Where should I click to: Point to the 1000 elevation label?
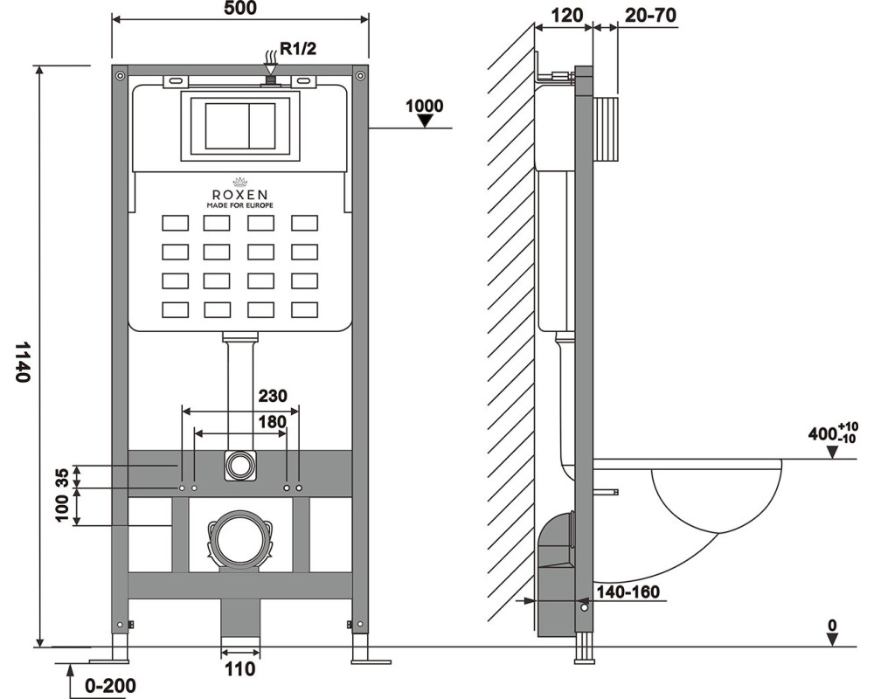[x=425, y=107]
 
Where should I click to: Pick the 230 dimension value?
[x=271, y=395]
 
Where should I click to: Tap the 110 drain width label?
[x=239, y=670]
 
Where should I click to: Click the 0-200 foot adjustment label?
[x=110, y=686]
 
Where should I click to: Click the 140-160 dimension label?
[x=628, y=592]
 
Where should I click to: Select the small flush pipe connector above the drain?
[x=239, y=465]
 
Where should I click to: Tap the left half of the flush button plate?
[x=226, y=127]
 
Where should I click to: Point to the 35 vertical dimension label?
[x=62, y=476]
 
